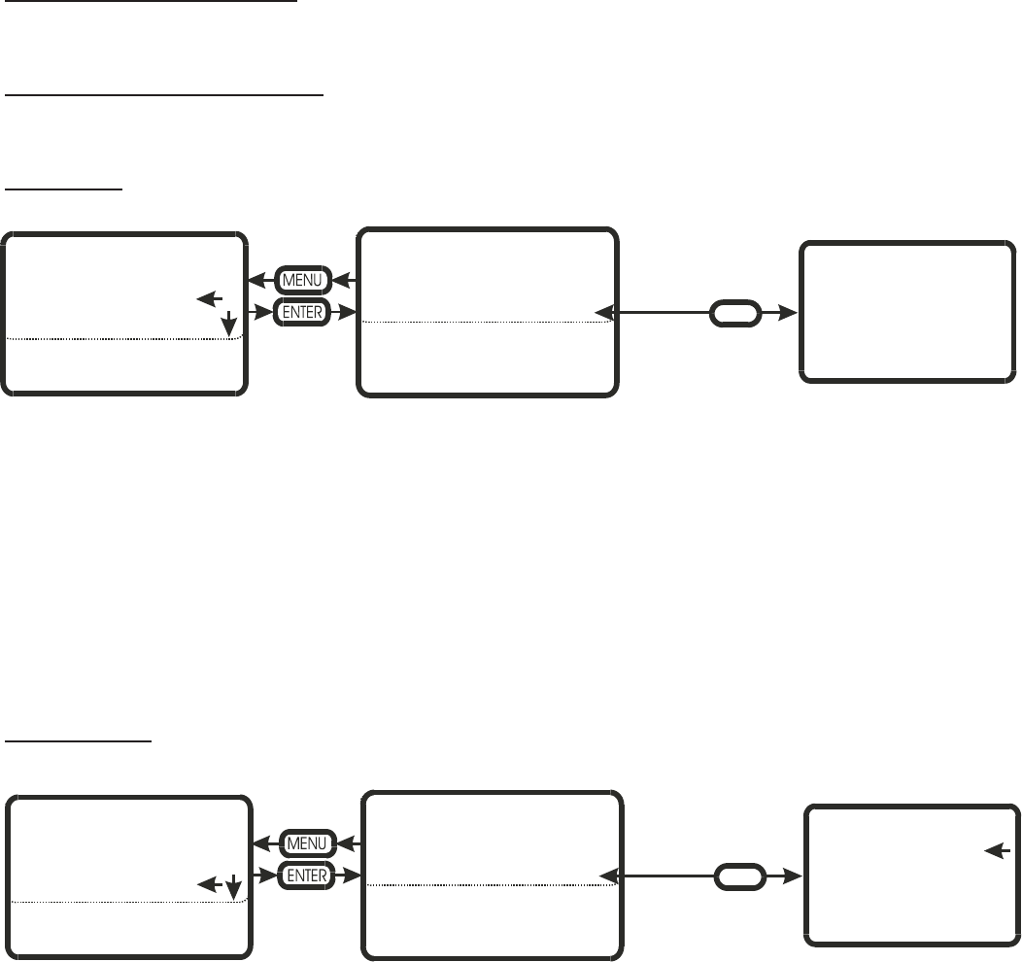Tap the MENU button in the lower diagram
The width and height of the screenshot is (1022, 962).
tap(309, 842)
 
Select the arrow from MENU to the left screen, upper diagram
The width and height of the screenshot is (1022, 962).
tap(260, 281)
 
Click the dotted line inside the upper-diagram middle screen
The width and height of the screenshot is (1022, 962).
tap(486, 322)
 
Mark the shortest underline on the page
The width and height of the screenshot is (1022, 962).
tap(64, 189)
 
